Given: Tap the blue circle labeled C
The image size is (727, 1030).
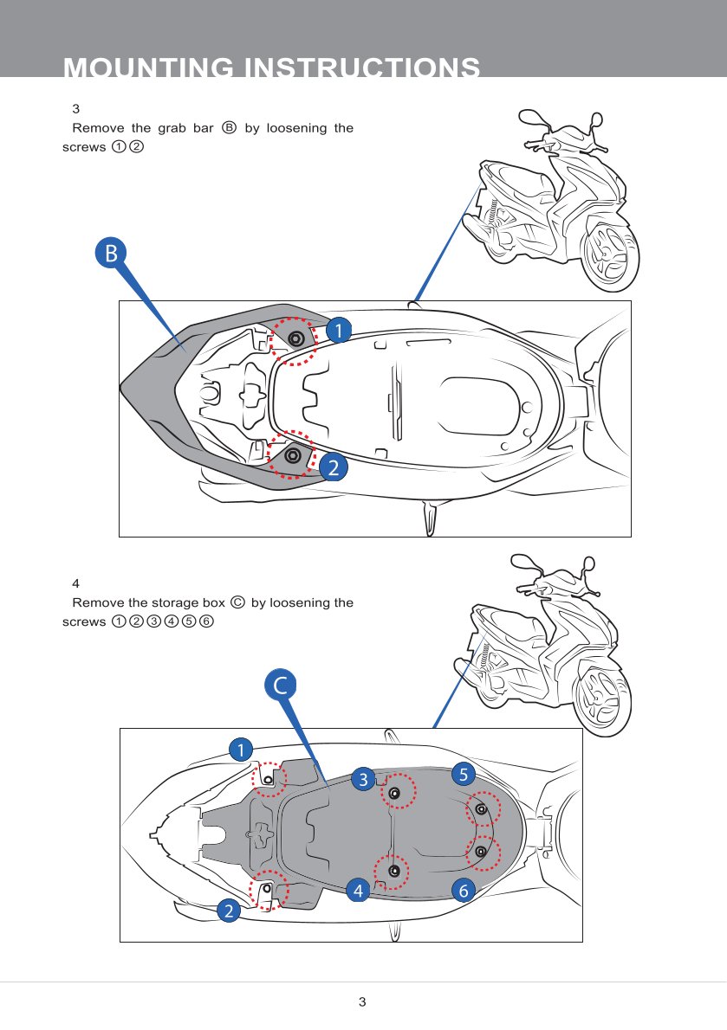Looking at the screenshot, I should (281, 685).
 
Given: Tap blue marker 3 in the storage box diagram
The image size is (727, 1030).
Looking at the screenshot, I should (364, 779).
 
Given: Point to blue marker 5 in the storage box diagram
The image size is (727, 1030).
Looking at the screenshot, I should (463, 773).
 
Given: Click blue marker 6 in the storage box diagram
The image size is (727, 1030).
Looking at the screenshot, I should (464, 889).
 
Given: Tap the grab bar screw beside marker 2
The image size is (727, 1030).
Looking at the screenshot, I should (292, 453).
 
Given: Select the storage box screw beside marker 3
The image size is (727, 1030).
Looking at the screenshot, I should (395, 794).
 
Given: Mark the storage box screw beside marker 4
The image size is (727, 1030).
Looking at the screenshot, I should (393, 870).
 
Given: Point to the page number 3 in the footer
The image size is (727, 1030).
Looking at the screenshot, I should (363, 1002).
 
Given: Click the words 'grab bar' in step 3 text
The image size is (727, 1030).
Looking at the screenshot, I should (191, 128).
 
